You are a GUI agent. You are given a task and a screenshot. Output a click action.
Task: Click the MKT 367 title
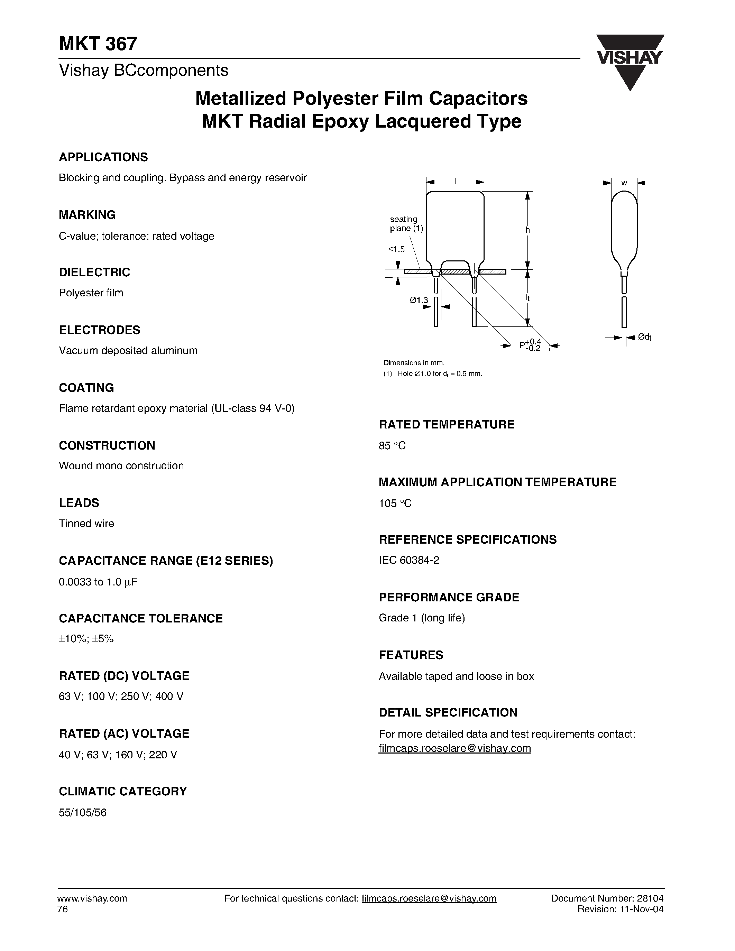(99, 44)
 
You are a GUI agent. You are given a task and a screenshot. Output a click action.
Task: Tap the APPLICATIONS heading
(103, 157)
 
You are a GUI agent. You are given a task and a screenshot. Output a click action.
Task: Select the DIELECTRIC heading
(94, 273)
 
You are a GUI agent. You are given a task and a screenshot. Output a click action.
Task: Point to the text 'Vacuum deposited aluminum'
(128, 351)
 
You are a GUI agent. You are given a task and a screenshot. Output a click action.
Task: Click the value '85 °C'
(392, 446)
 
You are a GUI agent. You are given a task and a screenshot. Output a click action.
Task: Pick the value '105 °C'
(395, 504)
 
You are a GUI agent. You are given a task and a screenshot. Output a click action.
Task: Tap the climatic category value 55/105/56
(83, 813)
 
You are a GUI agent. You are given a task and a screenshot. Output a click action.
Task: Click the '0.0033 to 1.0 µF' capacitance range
(98, 582)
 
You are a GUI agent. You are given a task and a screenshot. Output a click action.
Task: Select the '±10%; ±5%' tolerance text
(86, 639)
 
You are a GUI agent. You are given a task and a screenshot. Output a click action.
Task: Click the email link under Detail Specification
(454, 748)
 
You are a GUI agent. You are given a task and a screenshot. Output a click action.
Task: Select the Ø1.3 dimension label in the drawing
(419, 300)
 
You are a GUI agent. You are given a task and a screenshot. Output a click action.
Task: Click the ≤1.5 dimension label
(397, 249)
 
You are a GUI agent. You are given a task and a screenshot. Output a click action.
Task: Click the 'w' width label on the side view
(624, 183)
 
